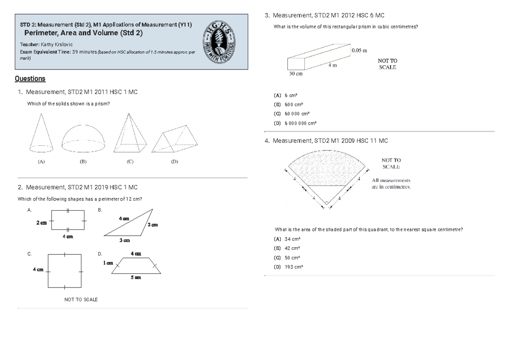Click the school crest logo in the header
pyautogui.click(x=221, y=42)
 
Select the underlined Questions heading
pyautogui.click(x=30, y=78)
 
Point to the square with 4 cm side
pyautogui.click(x=64, y=271)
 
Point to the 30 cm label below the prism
pyautogui.click(x=296, y=73)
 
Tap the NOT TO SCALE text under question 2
pyautogui.click(x=81, y=299)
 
